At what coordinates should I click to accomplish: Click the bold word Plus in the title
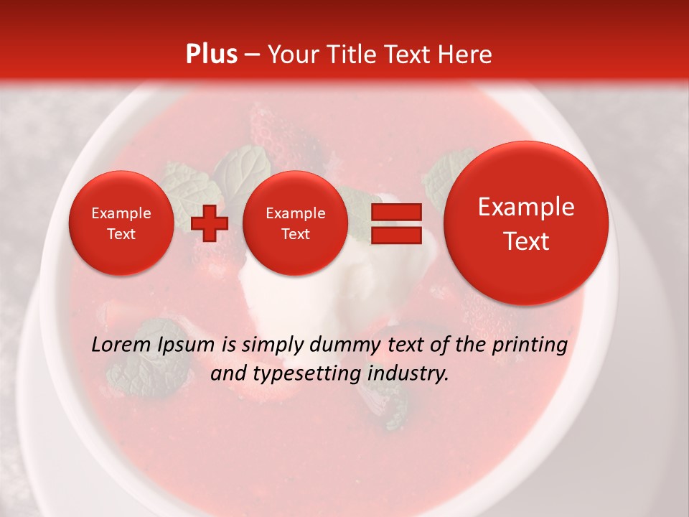point(211,55)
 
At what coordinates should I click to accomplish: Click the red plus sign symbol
point(210,223)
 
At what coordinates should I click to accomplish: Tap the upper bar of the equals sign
point(396,212)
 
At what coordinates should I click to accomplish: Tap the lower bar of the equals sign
point(396,236)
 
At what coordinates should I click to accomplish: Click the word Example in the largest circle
point(526,207)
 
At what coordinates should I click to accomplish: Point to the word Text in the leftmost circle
point(121,234)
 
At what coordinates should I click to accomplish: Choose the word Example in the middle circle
point(295,213)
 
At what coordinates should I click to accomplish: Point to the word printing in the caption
point(530,345)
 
